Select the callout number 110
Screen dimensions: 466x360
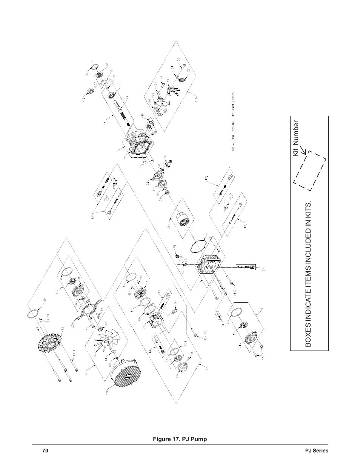[195, 100]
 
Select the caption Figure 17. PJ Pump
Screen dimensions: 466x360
[180, 439]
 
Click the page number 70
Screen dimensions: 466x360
[45, 451]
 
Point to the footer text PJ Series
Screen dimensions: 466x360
[317, 451]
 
